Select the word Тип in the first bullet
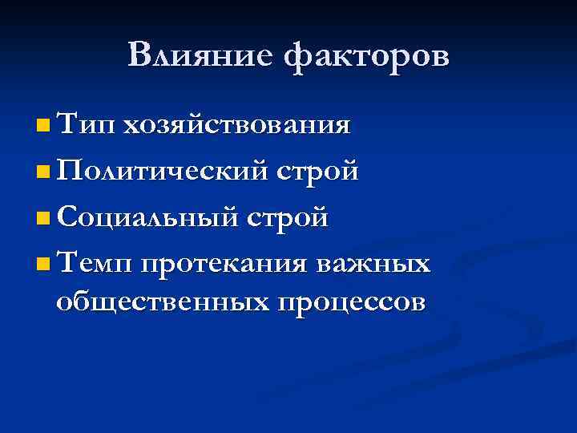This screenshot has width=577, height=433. [x=87, y=126]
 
